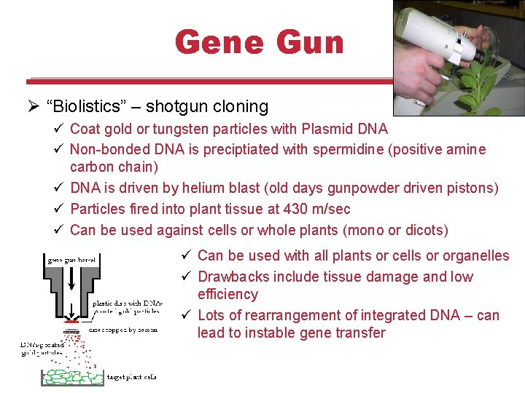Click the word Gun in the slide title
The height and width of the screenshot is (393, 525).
pyautogui.click(x=307, y=42)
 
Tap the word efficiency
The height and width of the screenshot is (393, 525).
pyautogui.click(x=227, y=294)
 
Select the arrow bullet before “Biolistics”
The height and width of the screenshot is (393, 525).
pyautogui.click(x=31, y=107)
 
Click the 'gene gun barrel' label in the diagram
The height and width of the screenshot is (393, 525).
pyautogui.click(x=73, y=258)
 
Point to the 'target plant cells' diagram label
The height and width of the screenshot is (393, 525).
pyautogui.click(x=131, y=377)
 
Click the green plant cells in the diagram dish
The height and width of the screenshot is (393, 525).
pyautogui.click(x=73, y=377)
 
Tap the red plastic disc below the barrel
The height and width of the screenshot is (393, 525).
pyautogui.click(x=71, y=320)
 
